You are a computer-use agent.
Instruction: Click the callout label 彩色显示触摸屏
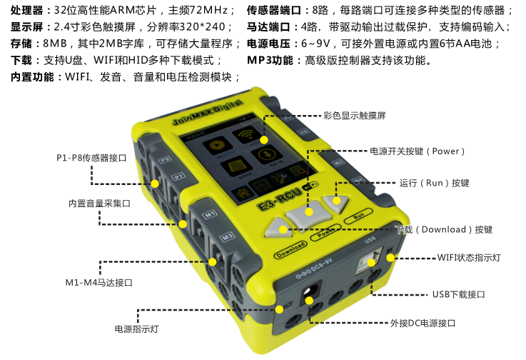[x=355, y=116]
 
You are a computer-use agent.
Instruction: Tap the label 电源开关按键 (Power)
[x=417, y=151]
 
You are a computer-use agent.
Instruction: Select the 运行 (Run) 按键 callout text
[x=434, y=183]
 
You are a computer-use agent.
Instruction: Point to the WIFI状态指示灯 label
[x=469, y=258]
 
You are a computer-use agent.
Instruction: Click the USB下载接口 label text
[x=459, y=294]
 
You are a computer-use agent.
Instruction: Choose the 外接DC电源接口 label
[x=423, y=323]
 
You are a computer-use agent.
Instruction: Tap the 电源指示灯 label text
[x=136, y=329]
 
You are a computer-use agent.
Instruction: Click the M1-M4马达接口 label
[x=99, y=282]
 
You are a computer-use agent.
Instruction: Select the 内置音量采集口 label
[x=99, y=204]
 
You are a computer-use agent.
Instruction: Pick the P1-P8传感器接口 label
[x=91, y=158]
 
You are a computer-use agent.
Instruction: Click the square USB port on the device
[x=370, y=259]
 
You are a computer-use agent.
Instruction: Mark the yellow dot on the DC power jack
[x=309, y=301]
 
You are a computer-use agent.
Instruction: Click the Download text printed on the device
[x=291, y=250]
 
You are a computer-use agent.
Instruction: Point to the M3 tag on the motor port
[x=227, y=236]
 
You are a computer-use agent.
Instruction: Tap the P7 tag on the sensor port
[x=178, y=176]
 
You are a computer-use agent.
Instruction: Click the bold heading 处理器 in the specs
[x=27, y=11]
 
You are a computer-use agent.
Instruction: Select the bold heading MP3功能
[x=270, y=61]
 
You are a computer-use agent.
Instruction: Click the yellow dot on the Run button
[x=336, y=201]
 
